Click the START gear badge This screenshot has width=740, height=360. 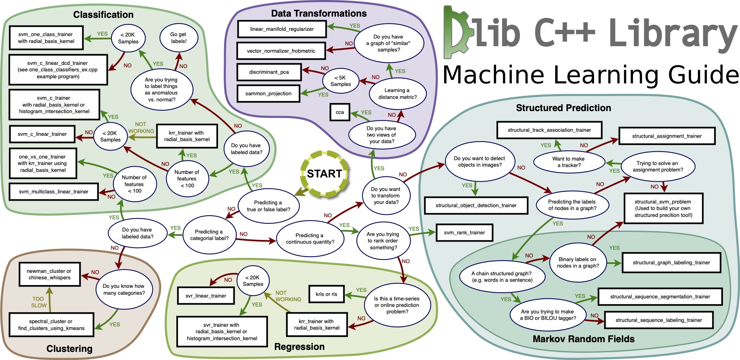[x=324, y=174]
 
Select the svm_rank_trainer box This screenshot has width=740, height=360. [x=464, y=233]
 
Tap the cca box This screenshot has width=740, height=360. [x=340, y=112]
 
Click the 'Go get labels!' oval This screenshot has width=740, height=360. [x=178, y=38]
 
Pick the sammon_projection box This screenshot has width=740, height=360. [x=268, y=94]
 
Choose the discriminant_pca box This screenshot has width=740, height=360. [x=269, y=72]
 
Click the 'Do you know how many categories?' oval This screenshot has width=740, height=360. [x=124, y=289]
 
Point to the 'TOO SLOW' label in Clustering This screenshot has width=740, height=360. [x=39, y=302]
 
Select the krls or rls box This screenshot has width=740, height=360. [x=326, y=294]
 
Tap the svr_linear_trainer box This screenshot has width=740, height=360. [x=206, y=296]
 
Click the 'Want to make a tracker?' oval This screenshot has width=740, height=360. [x=568, y=162]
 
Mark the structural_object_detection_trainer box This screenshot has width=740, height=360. [x=476, y=206]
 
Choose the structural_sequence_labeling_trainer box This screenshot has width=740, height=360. [x=659, y=320]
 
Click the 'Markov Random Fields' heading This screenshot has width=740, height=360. [x=583, y=339]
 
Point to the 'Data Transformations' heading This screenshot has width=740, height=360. [x=319, y=13]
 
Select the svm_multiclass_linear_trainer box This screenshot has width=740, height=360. [x=53, y=192]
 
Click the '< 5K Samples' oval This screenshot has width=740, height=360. [x=340, y=81]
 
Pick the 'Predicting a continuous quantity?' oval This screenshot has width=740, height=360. [x=310, y=238]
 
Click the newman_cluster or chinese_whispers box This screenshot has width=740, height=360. [x=49, y=274]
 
